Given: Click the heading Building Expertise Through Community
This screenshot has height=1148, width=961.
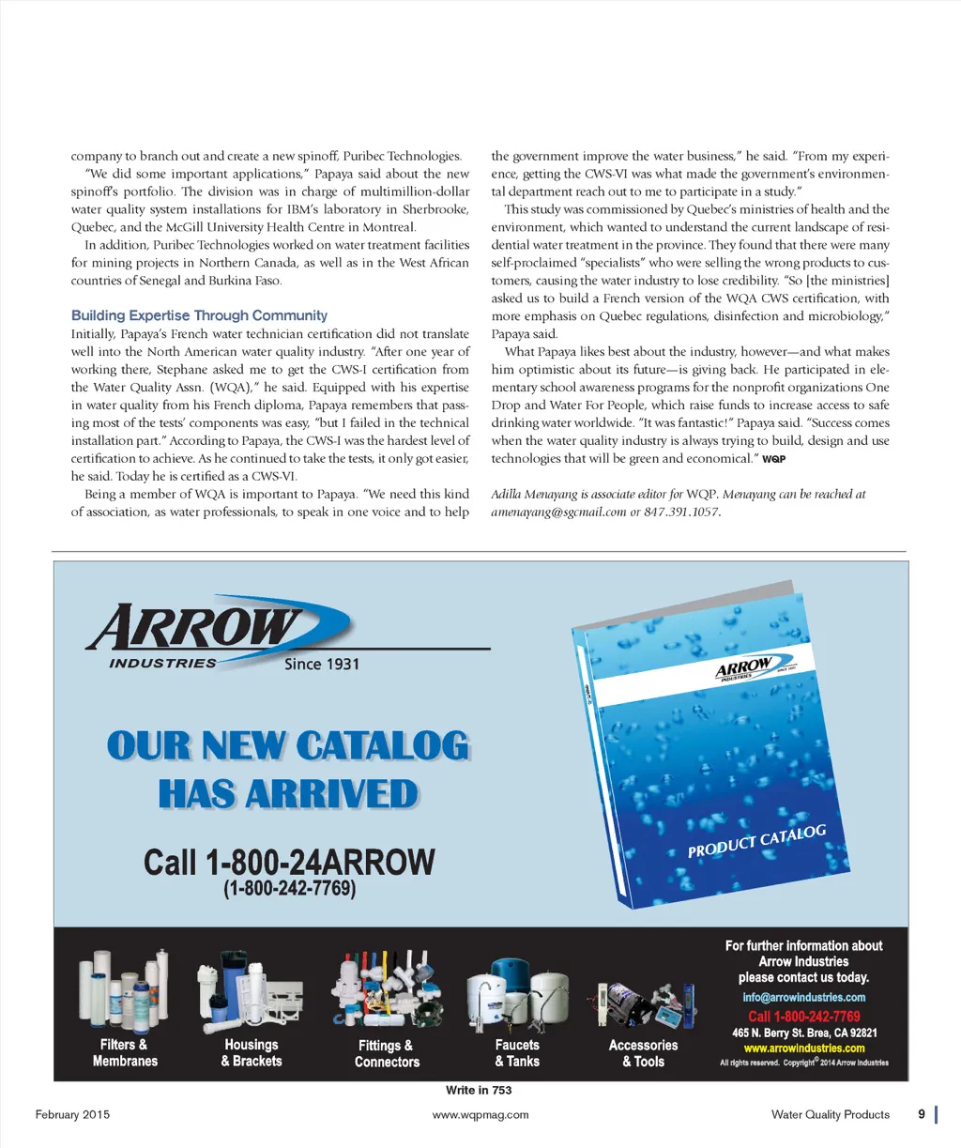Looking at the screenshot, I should pyautogui.click(x=199, y=315).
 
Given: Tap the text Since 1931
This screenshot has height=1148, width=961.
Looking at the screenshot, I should pyautogui.click(x=322, y=665).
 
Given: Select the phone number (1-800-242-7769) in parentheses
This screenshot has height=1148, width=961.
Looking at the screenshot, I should pyautogui.click(x=289, y=888).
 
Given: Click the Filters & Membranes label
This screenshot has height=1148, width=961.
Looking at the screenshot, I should pyautogui.click(x=125, y=1052).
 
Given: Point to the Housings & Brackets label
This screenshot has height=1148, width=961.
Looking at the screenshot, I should pyautogui.click(x=252, y=1052).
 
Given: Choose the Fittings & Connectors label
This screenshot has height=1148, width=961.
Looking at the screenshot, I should pyautogui.click(x=387, y=1053).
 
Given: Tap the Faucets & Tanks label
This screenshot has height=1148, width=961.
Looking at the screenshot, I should pyautogui.click(x=517, y=1052).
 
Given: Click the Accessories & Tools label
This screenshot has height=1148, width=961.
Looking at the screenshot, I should pyautogui.click(x=643, y=1053).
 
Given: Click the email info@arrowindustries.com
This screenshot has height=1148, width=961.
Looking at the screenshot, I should pyautogui.click(x=804, y=997).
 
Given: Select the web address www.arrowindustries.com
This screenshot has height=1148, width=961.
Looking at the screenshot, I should pyautogui.click(x=804, y=1048).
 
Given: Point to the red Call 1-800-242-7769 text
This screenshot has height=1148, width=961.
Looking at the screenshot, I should pyautogui.click(x=804, y=1016).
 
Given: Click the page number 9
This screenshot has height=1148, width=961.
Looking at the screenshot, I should pyautogui.click(x=922, y=1114).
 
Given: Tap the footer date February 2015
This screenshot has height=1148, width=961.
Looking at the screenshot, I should pyautogui.click(x=72, y=1114).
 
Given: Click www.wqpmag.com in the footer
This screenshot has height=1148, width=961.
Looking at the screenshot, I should pyautogui.click(x=480, y=1114).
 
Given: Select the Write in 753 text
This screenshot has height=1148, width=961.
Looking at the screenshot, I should pyautogui.click(x=479, y=1090).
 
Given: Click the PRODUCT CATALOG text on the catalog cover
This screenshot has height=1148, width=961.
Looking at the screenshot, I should pyautogui.click(x=756, y=841).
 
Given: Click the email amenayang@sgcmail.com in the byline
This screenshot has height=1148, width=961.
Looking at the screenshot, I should pyautogui.click(x=558, y=513).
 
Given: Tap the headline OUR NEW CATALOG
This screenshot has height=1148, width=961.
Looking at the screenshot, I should pyautogui.click(x=288, y=746).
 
